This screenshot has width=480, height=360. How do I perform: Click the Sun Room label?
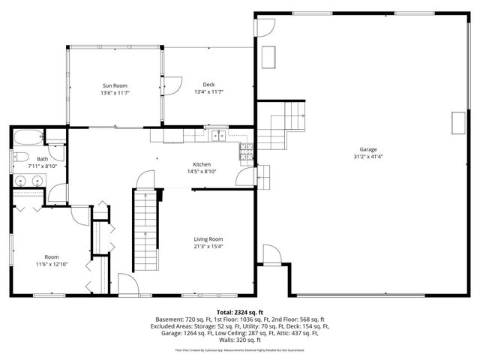click(115, 85)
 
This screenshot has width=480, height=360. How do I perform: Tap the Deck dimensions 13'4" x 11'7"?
click(209, 91)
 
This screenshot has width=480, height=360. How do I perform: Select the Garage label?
click(367, 149)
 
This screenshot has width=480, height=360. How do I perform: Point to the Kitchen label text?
click(202, 164)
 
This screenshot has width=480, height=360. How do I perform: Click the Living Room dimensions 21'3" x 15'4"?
click(208, 246)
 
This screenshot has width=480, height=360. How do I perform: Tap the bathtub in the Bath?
click(27, 136)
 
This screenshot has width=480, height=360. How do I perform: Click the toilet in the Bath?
click(21, 157)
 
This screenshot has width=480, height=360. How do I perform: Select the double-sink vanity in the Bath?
click(28, 180)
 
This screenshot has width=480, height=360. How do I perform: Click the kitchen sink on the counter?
click(217, 136)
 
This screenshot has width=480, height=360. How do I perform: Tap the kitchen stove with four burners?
click(245, 153)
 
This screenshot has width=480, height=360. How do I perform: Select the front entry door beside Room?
click(128, 284)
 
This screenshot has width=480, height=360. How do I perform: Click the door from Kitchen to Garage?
click(244, 177)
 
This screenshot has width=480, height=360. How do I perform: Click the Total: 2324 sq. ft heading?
click(240, 310)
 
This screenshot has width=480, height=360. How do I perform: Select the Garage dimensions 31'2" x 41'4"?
click(367, 157)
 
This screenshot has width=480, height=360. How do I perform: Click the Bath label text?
click(43, 158)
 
